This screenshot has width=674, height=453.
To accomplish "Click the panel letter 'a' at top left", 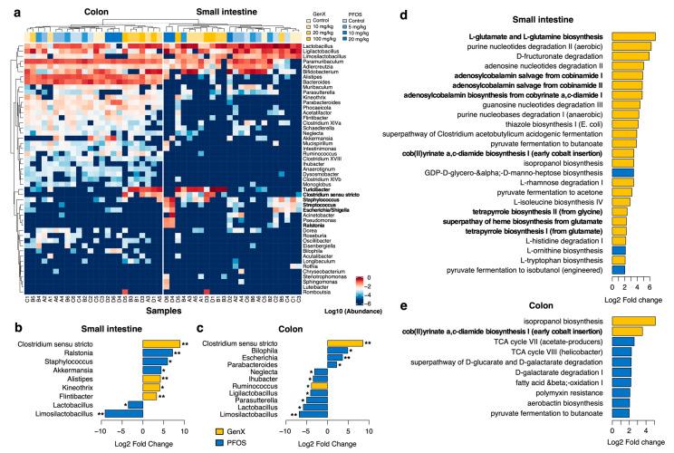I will coord(5,7).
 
